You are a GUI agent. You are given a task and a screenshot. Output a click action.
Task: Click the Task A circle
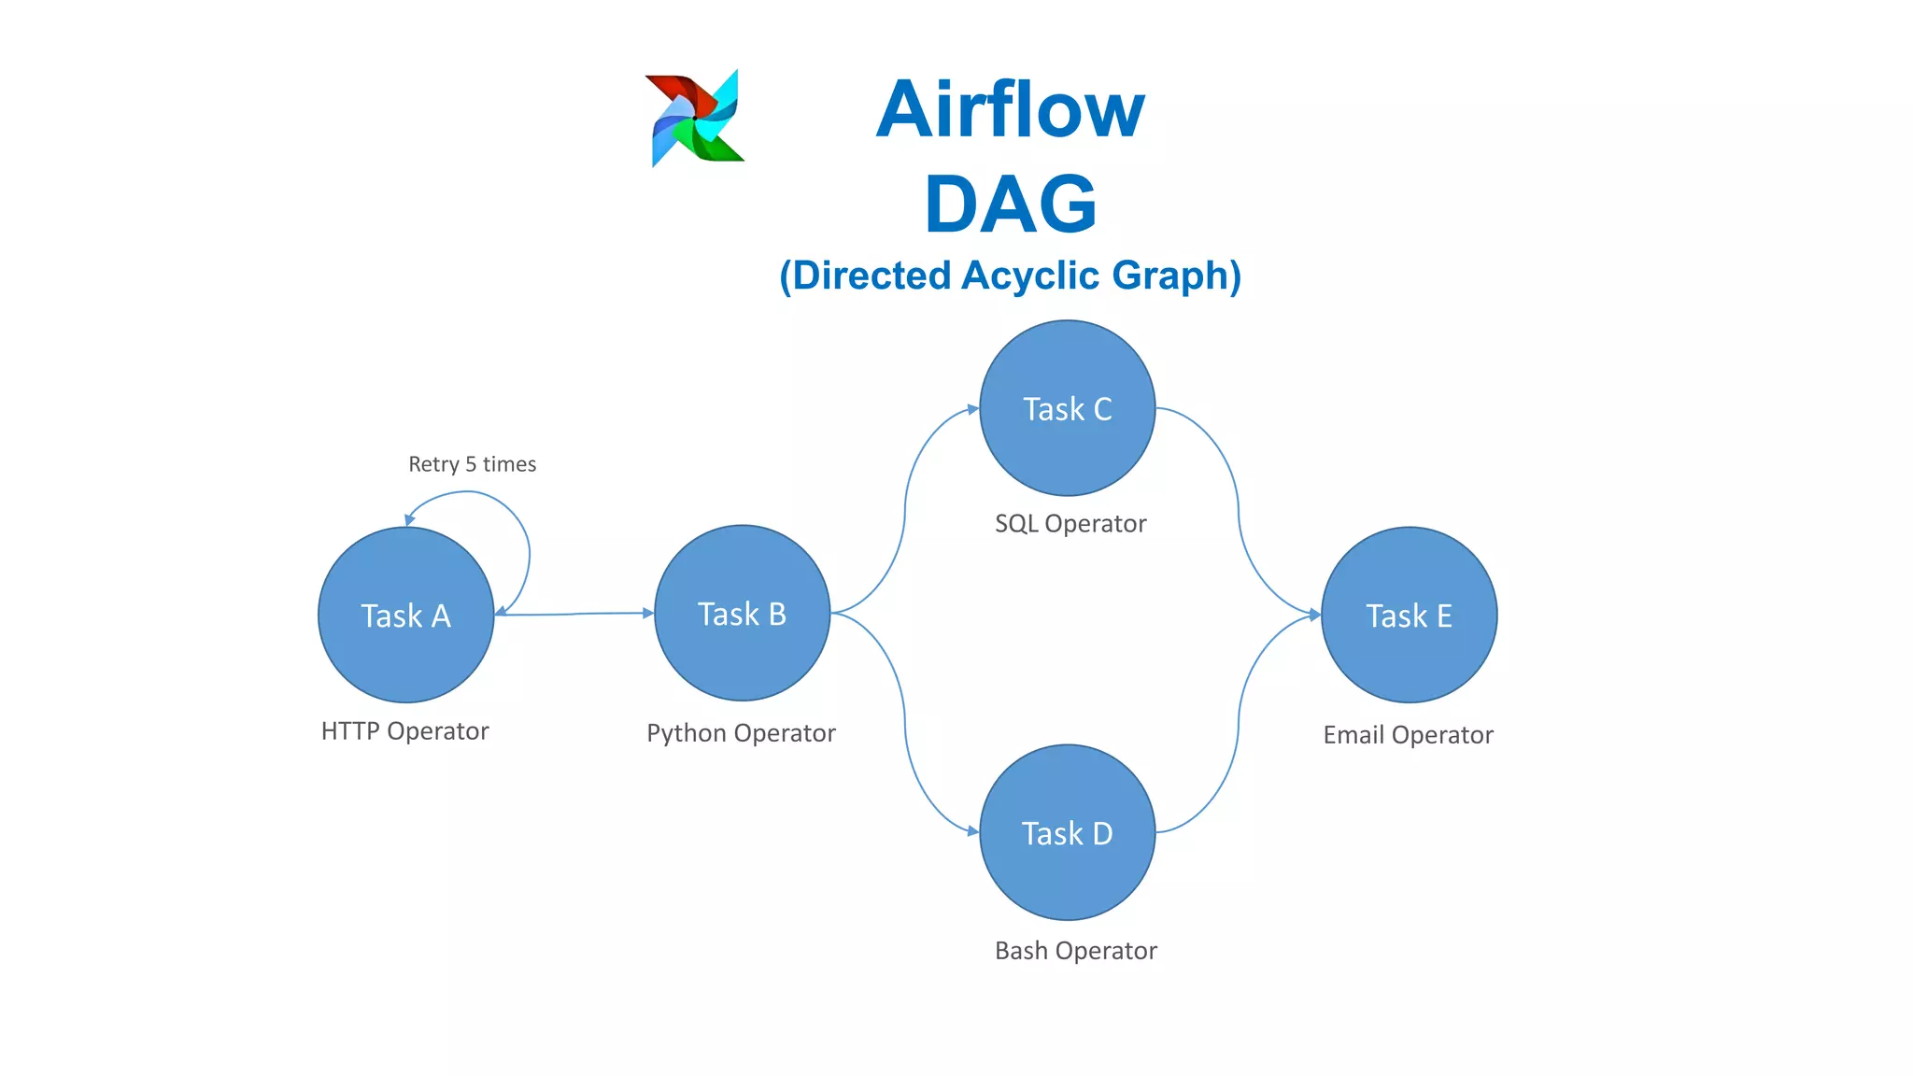pos(405,615)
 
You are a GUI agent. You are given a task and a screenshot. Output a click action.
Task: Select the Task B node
pos(742,613)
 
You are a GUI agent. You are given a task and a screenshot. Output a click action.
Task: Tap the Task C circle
pos(1067,408)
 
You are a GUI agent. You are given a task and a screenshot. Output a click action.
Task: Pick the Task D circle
pos(1067,832)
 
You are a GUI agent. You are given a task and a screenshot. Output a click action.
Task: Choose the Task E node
pos(1409,615)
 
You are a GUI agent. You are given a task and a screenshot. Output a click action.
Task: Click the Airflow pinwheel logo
pos(695,119)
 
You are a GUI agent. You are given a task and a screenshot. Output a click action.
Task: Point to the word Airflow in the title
pos(1010,109)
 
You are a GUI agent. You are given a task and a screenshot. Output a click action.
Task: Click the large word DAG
pos(1010,204)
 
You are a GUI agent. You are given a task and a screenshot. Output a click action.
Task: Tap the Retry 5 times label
pos(472,464)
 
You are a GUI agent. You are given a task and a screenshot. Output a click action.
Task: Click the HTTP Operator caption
pos(404,730)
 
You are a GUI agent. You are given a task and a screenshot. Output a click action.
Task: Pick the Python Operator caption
pos(741,733)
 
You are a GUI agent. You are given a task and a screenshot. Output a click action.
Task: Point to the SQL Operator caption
pos(1070,523)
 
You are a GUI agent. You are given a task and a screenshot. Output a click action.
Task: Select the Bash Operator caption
pos(1075,951)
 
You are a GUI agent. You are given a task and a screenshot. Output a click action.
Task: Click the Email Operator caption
pos(1408,735)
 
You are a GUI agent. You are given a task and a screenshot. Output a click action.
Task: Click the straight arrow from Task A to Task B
pos(574,614)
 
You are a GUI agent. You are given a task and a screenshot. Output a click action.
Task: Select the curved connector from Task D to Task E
pos(1239,729)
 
